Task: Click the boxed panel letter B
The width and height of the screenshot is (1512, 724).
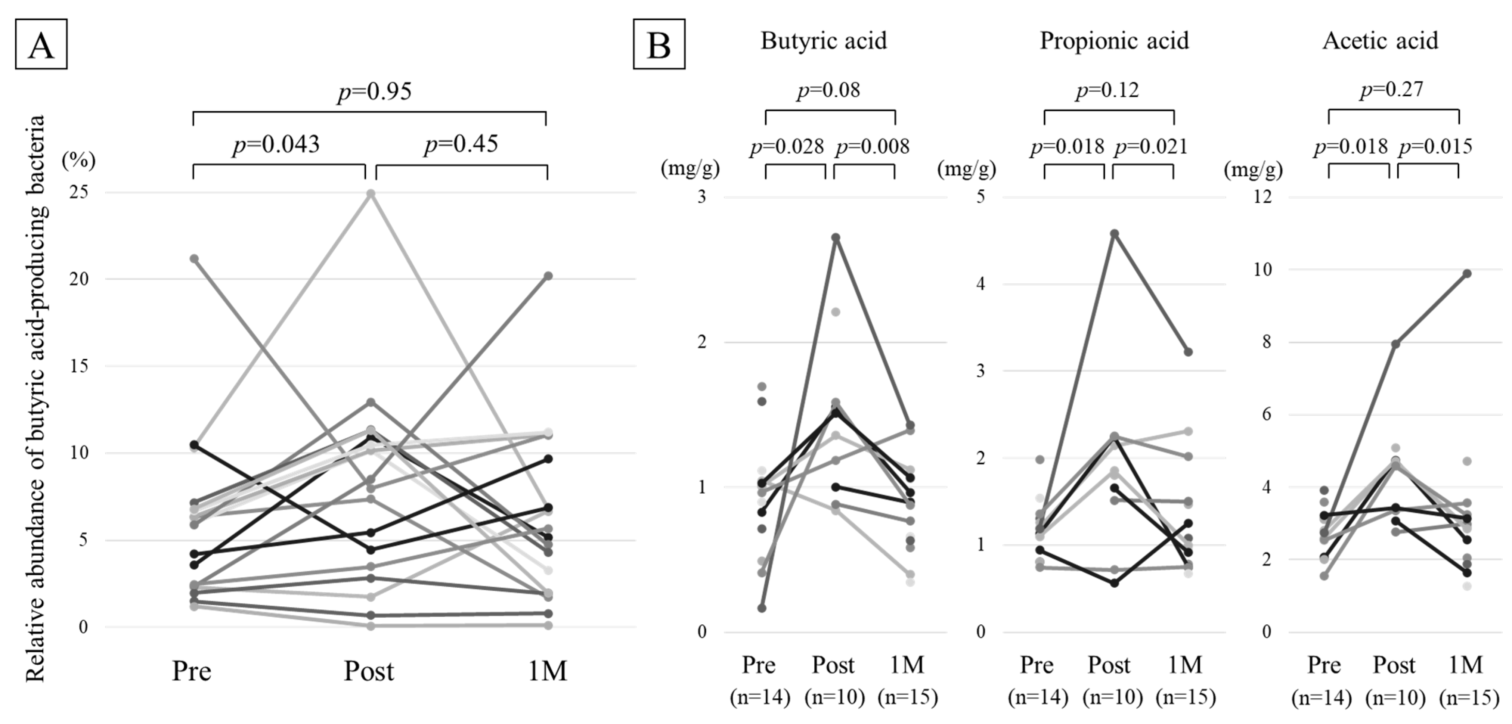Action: [x=659, y=44]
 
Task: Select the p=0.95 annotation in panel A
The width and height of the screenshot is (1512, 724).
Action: [x=375, y=91]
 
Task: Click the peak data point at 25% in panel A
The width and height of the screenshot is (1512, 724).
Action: [x=371, y=194]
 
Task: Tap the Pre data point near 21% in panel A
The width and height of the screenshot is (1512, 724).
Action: [x=194, y=259]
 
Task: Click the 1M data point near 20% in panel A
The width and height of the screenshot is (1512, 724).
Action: [x=548, y=276]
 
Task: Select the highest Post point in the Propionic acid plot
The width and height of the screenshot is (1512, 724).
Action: [x=1115, y=233]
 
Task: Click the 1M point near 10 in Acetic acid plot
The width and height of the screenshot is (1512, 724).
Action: [x=1466, y=273]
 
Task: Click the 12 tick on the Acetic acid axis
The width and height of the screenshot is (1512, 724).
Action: [x=1262, y=196]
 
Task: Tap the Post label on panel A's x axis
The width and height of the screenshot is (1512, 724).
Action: [x=369, y=671]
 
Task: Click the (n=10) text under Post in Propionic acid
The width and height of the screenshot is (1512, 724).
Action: [x=1112, y=697]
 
